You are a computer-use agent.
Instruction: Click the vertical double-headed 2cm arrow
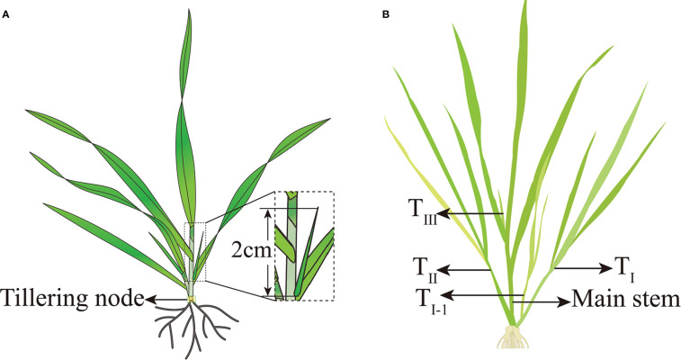[267, 253]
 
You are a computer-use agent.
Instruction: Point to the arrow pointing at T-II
[469, 268]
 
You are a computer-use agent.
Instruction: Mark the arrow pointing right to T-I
[582, 267]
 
